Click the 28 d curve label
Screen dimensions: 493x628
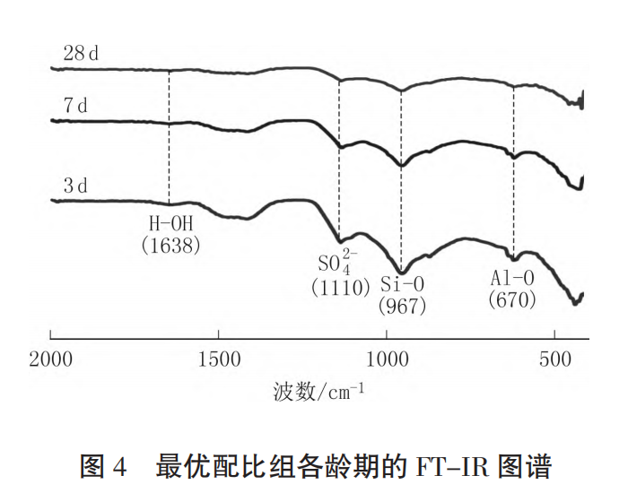80,52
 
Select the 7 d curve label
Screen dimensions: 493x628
75,106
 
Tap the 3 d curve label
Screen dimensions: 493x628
75,186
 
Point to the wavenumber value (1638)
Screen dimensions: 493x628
170,244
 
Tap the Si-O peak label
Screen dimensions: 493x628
402,285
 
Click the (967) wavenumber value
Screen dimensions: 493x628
402,306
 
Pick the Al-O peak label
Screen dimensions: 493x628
512,277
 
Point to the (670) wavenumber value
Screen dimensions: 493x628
512,299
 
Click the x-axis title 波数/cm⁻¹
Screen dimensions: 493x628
314,392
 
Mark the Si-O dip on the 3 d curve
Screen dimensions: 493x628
401,271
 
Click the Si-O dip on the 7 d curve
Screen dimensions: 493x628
401,165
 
